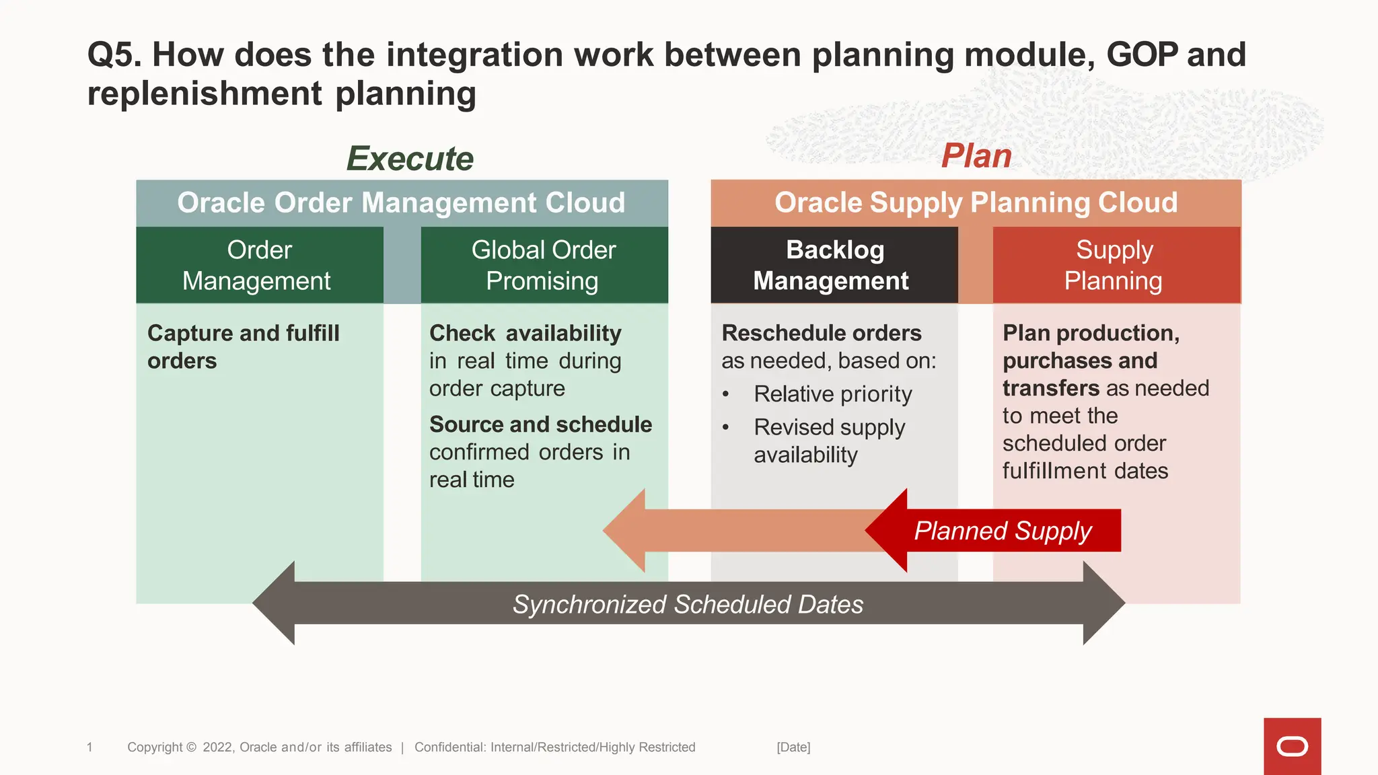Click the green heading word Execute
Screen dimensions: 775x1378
pos(410,159)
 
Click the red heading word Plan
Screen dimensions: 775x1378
pos(976,156)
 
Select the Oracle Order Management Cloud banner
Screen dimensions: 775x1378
pos(402,202)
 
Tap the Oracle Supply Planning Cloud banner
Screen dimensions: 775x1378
pos(976,202)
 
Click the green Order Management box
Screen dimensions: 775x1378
pos(259,265)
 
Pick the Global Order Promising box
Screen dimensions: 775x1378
pos(544,265)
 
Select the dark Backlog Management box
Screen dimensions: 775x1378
pos(834,265)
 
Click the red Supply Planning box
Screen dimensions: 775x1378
pos(1115,265)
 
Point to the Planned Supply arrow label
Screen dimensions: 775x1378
pos(1002,531)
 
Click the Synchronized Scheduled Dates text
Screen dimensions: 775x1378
pos(688,604)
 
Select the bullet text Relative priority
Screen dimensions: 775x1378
pos(832,394)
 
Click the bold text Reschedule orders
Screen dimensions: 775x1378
pos(821,333)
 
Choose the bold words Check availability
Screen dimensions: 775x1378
pos(525,333)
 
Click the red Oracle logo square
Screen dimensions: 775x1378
pos(1292,746)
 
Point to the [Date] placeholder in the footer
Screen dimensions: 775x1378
pos(793,747)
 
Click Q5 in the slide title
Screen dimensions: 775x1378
pos(114,54)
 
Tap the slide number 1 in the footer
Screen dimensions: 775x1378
pos(89,747)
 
